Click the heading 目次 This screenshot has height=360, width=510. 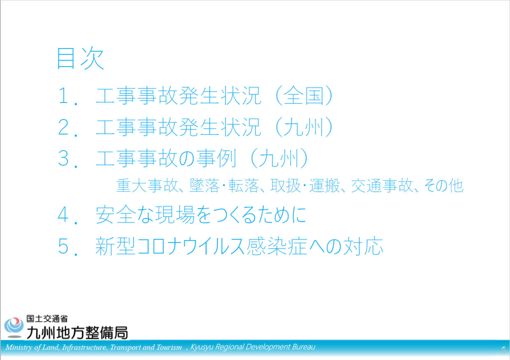click(x=81, y=58)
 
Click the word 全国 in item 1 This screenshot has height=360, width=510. click(x=304, y=95)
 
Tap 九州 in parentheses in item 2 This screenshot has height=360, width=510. click(x=304, y=127)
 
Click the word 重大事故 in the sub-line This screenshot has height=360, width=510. click(x=147, y=186)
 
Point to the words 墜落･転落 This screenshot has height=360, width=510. click(x=224, y=186)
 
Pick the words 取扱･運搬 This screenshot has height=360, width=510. click(x=305, y=186)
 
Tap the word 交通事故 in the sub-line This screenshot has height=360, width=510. click(x=382, y=186)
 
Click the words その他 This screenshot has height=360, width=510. click(x=443, y=186)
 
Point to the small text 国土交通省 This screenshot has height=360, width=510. click(x=47, y=319)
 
